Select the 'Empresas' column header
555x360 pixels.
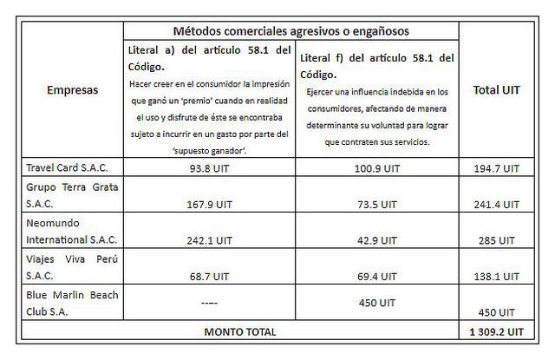point(72,89)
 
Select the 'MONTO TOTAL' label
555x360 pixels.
point(240,331)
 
